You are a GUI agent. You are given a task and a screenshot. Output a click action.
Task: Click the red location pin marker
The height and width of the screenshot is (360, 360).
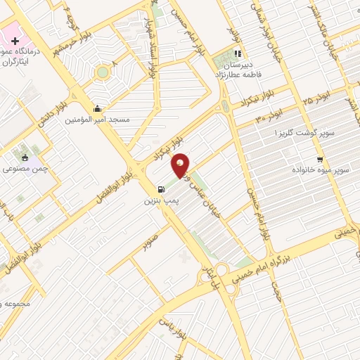click(x=180, y=166)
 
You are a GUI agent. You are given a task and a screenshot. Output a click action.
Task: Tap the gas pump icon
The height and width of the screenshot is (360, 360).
click(x=162, y=189)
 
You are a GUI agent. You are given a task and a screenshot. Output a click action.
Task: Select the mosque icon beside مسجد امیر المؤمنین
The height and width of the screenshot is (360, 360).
click(x=97, y=109)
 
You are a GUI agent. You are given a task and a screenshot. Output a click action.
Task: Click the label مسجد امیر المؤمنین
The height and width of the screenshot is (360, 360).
click(x=98, y=120)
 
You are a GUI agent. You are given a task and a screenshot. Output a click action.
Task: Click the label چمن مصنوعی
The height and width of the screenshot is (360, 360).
click(x=26, y=169)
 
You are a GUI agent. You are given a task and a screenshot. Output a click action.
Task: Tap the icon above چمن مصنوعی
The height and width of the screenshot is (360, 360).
click(x=26, y=157)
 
